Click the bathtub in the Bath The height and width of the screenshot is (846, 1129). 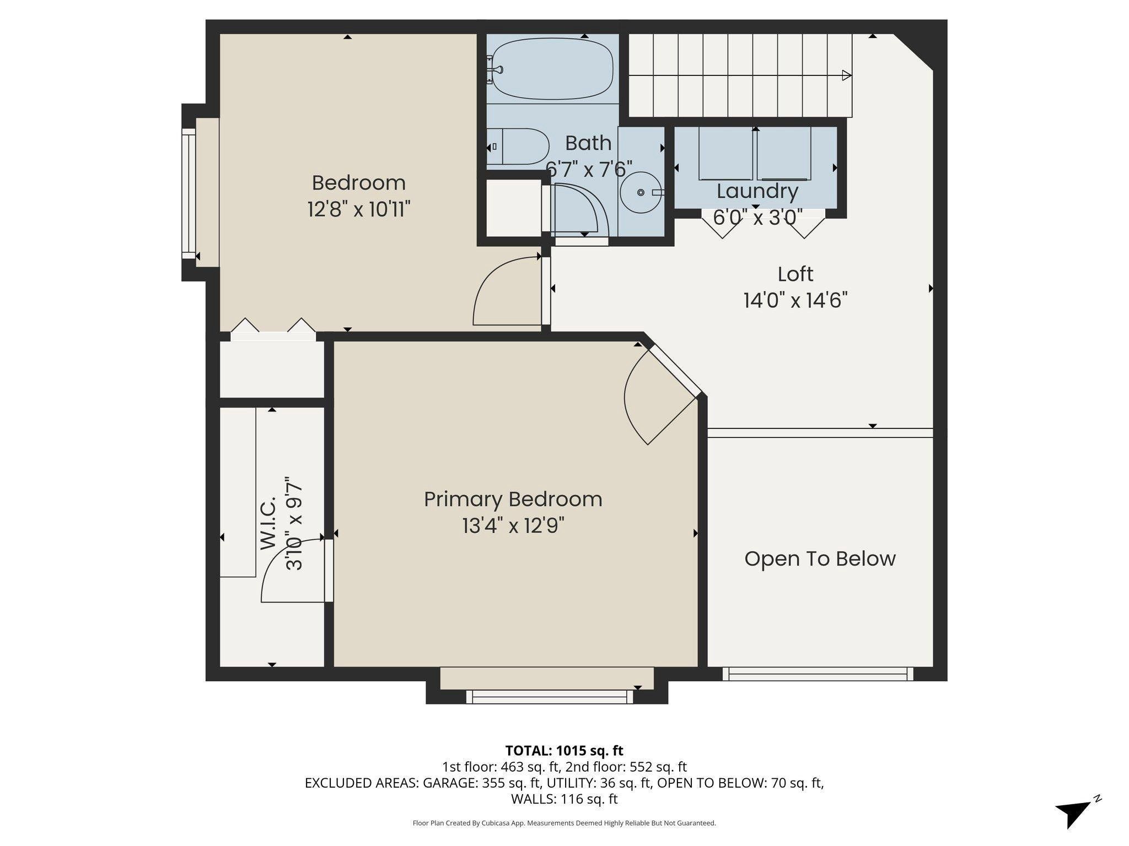tap(552, 69)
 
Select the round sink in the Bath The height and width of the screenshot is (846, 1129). tap(641, 192)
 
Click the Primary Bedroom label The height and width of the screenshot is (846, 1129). tap(513, 500)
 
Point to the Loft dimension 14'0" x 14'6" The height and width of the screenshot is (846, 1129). tap(795, 301)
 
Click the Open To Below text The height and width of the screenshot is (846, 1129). tap(820, 559)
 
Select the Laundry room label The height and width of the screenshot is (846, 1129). tap(757, 192)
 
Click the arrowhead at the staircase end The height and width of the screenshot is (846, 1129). tap(847, 75)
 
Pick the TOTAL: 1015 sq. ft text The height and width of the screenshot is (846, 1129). tap(564, 750)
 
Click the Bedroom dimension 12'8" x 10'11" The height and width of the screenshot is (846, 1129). tap(359, 209)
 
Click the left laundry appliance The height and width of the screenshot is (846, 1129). tap(726, 153)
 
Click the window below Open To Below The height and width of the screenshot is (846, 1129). tap(818, 674)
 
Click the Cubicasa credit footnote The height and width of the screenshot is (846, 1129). tap(564, 823)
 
